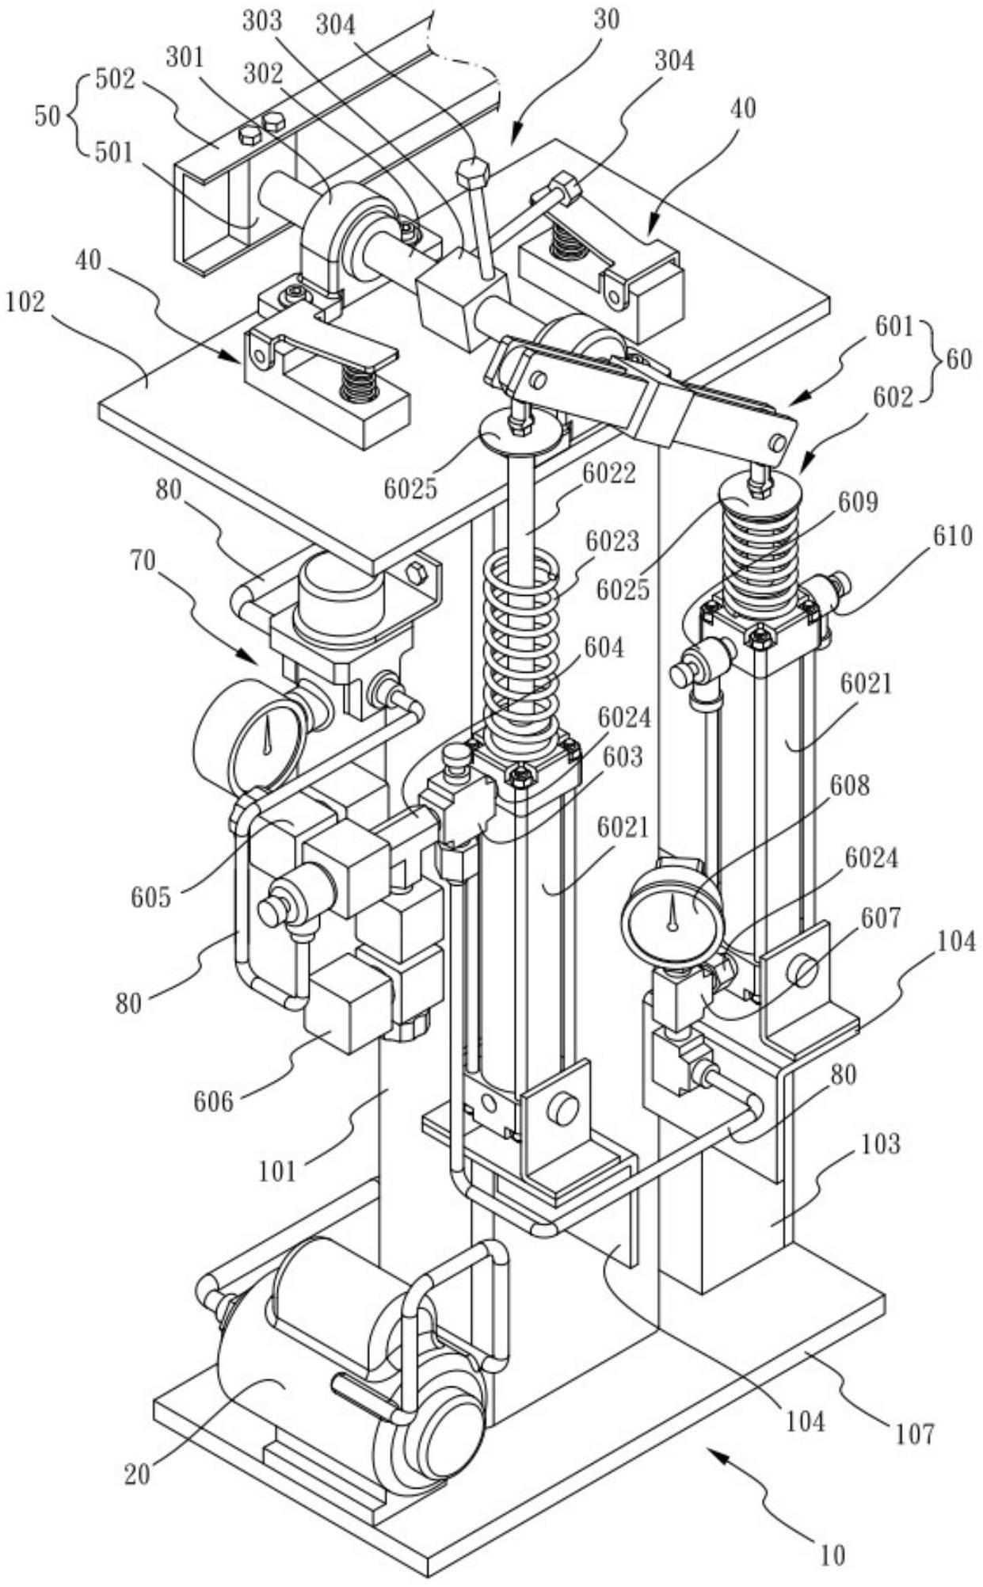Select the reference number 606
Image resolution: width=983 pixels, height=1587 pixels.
point(213,1101)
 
